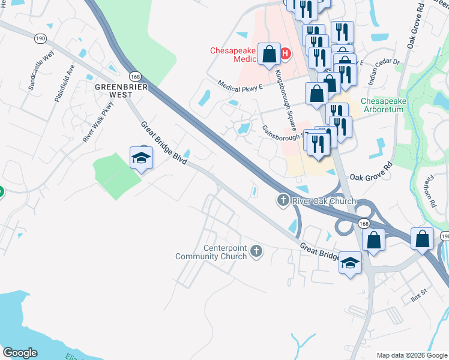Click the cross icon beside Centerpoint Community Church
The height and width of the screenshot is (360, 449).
[256, 251]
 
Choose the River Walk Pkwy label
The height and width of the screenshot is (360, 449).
[98, 122]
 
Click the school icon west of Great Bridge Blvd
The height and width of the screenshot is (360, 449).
[142, 158]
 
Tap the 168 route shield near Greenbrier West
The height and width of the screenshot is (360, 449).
[135, 76]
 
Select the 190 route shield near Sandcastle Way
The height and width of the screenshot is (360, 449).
[40, 37]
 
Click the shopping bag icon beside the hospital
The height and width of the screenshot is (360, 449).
[270, 54]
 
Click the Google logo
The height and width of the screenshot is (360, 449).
[20, 353]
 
